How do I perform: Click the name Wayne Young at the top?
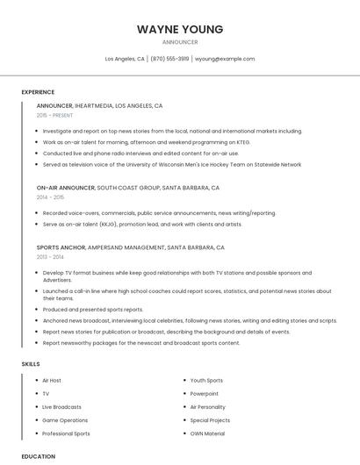point(180,29)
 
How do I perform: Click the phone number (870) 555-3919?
point(169,59)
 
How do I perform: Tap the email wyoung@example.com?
point(225,59)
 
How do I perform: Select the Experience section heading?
point(38,92)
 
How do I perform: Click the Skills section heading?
point(31,363)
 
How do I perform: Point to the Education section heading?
point(39,456)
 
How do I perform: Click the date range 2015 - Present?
point(54,115)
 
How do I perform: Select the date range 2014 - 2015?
point(50,197)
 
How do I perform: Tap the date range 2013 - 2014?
point(50,257)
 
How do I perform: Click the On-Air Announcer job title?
point(65,188)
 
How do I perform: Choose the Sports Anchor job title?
point(61,247)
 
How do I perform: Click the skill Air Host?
point(52,381)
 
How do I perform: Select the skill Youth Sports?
point(206,381)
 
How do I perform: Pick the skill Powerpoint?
point(205,394)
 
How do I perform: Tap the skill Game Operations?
point(65,420)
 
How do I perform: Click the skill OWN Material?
point(207,433)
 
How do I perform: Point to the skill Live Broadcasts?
point(61,407)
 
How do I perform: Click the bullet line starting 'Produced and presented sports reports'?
point(92,310)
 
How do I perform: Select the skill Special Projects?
point(210,420)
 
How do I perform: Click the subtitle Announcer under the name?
point(180,42)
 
